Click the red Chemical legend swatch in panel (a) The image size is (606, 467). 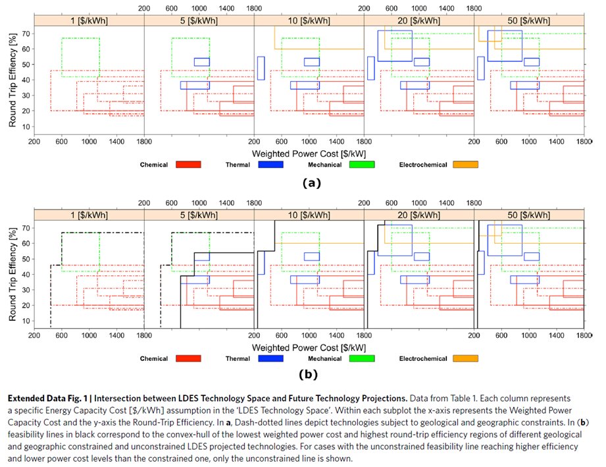188,165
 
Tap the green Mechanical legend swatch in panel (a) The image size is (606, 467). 362,165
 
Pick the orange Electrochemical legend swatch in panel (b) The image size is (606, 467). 465,358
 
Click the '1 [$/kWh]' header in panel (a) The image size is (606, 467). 89,21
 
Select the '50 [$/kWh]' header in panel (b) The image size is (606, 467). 529,215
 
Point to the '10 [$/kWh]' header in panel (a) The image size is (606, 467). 309,21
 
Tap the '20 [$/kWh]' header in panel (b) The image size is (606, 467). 418,215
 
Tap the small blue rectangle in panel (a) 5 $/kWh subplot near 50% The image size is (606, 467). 201,62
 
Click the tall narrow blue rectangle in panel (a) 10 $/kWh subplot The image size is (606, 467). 261,68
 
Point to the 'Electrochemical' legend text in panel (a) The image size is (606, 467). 422,165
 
